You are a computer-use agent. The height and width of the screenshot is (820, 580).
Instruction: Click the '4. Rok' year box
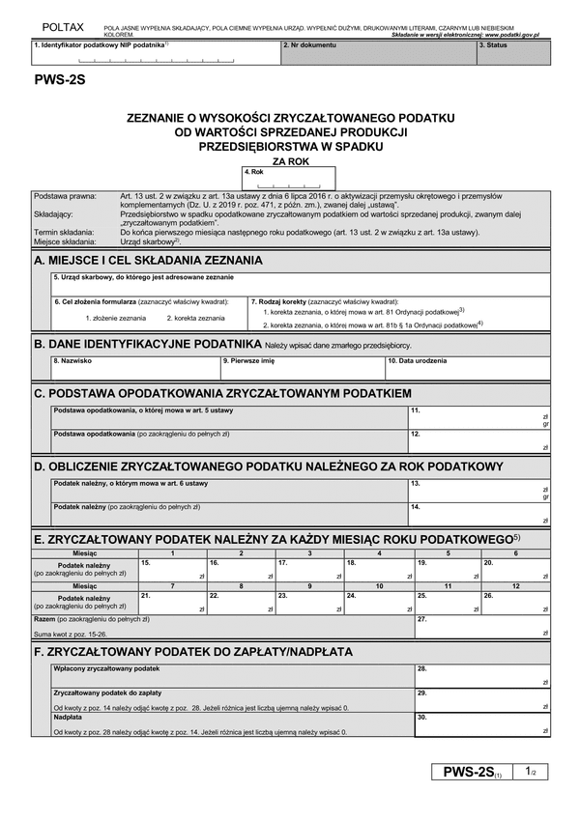click(x=288, y=178)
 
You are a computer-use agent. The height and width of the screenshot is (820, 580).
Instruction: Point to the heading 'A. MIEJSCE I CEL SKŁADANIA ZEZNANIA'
click(x=147, y=261)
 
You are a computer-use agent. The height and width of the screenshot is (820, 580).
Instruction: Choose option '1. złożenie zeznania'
click(x=115, y=318)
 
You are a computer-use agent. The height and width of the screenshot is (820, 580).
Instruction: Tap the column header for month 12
click(x=516, y=586)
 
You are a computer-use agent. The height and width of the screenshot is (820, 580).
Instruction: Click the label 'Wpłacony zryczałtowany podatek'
click(x=107, y=668)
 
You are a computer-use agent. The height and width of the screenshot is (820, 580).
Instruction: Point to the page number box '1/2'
click(x=531, y=773)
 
